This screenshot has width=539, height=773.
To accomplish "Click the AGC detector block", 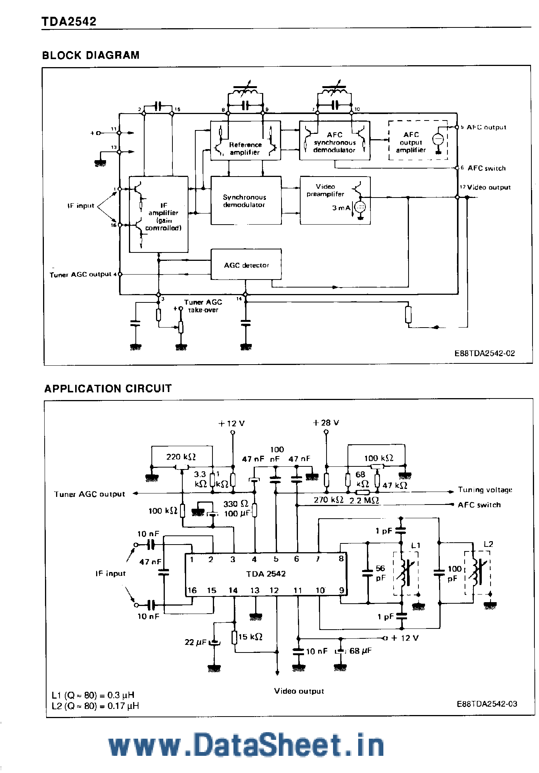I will [246, 265].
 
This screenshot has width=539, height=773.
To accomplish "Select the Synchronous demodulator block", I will [246, 201].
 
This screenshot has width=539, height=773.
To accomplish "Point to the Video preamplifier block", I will [335, 200].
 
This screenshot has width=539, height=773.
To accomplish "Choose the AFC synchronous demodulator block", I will [334, 140].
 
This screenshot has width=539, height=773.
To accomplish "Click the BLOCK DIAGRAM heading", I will [90, 55].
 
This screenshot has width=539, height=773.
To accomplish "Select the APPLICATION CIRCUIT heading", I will [108, 389].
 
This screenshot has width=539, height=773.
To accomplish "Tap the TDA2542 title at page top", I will [69, 21].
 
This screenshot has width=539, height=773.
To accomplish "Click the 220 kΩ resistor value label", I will [181, 456].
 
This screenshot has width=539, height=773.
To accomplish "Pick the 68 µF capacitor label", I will [360, 651].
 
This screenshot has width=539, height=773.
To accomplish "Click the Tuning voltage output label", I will [485, 490].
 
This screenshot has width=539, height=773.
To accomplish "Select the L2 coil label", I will [488, 544].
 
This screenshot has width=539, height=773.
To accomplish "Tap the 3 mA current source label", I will [341, 208].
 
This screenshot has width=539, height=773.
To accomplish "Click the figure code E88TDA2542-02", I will [484, 353].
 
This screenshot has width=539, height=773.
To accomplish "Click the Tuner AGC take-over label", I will [203, 306].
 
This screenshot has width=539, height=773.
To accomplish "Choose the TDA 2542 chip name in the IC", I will [266, 574].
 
